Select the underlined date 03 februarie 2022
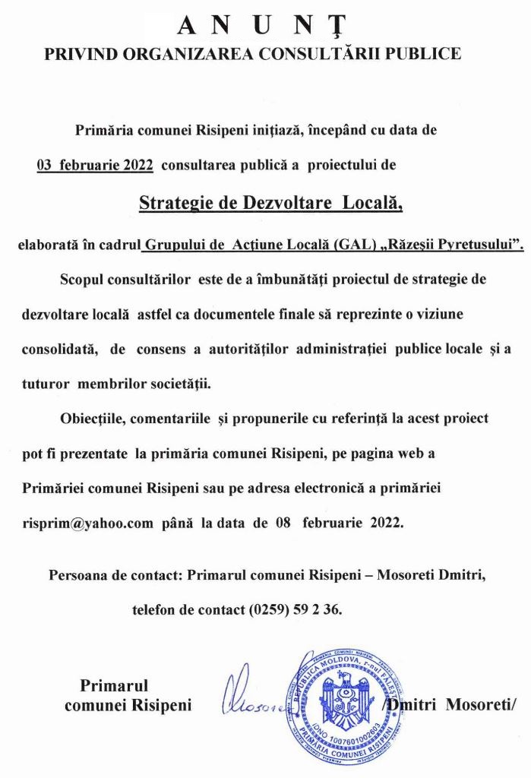(x=95, y=163)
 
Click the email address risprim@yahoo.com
(x=88, y=523)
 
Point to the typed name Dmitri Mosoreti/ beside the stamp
(x=454, y=704)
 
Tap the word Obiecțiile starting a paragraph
(x=92, y=419)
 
